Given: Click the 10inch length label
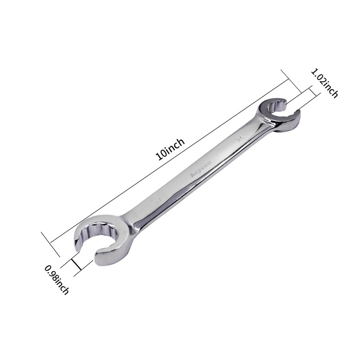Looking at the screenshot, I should click(x=170, y=149).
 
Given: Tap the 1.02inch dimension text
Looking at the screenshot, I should click(x=324, y=83).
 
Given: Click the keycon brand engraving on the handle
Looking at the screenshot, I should click(x=196, y=171).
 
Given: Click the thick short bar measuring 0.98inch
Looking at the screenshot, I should click(x=76, y=263).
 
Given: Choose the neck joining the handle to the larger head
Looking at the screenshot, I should click(x=130, y=218).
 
